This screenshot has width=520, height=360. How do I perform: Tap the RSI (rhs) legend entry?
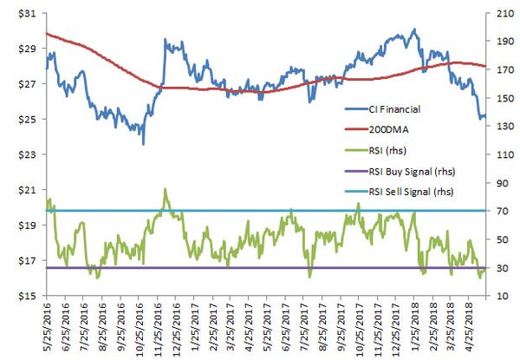[x=386, y=149]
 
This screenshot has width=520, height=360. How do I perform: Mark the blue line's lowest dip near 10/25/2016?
[x=143, y=143]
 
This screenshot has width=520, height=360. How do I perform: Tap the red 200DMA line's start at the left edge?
[x=45, y=33]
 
